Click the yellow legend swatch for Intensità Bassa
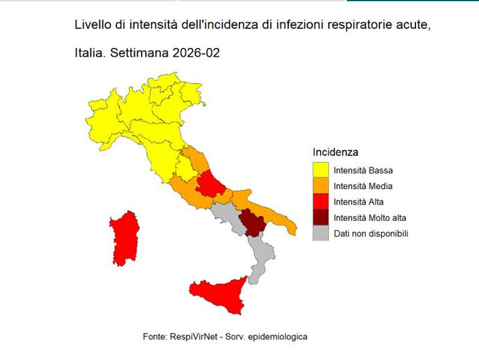tap(321, 170)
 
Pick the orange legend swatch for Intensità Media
tap(321, 186)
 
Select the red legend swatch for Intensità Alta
tap(321, 202)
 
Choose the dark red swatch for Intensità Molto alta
tap(321, 218)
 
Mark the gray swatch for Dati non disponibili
tap(321, 233)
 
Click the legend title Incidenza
tap(336, 152)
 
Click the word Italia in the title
tap(89, 54)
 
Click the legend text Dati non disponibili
tap(370, 234)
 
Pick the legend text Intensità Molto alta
tap(370, 218)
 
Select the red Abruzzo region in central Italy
tap(211, 182)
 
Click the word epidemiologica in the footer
tap(278, 336)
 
